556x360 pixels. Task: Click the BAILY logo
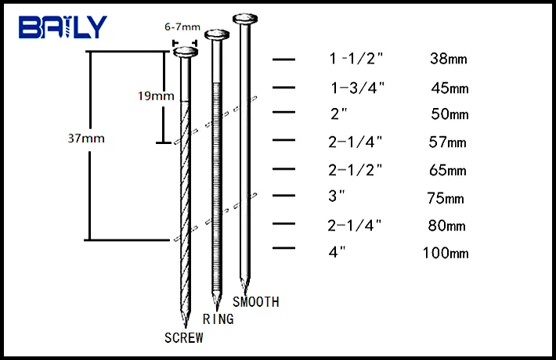click(62, 27)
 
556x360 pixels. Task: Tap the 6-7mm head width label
click(182, 26)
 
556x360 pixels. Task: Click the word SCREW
click(184, 338)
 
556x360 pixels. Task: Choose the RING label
click(218, 319)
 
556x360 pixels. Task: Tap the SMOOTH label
click(255, 302)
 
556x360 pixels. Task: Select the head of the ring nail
click(216, 34)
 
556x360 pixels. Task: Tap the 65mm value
click(449, 170)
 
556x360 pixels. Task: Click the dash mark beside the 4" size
click(283, 250)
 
